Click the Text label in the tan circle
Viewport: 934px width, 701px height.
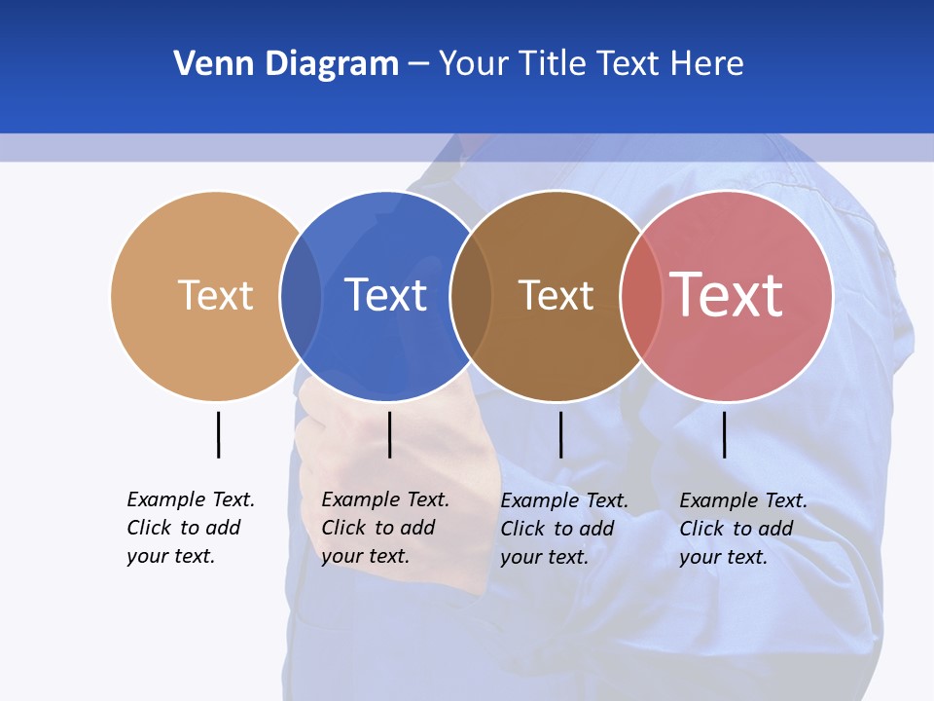(x=215, y=295)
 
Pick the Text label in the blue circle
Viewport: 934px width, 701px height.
(x=386, y=295)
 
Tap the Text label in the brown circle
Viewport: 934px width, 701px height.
(x=556, y=296)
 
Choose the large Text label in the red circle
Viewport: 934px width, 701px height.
(x=727, y=294)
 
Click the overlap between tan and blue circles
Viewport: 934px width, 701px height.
(x=301, y=296)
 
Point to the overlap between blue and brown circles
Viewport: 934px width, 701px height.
(x=471, y=296)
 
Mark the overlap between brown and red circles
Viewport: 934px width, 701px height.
(x=640, y=296)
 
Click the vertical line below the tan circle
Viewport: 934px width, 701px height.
(x=218, y=434)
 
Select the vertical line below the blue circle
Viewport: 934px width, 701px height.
(x=389, y=434)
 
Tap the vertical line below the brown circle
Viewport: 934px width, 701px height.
(x=560, y=434)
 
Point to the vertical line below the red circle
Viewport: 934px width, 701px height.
(x=725, y=434)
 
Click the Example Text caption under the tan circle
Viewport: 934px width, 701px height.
(x=191, y=528)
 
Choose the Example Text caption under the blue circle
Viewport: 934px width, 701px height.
(x=385, y=528)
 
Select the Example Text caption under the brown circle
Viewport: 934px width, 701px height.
(x=564, y=529)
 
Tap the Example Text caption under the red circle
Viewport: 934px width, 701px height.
(x=743, y=529)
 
